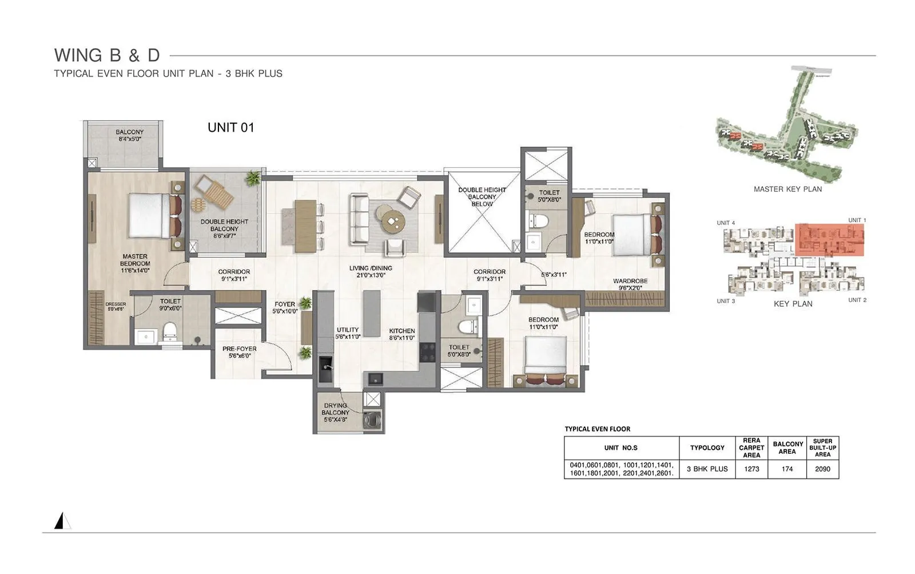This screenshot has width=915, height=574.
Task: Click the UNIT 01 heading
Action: click(230, 128)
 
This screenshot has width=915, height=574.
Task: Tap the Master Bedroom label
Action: click(135, 263)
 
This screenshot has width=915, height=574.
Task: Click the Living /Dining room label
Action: click(371, 271)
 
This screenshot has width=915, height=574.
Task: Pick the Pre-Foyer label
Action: click(239, 352)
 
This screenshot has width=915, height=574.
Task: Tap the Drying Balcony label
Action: click(335, 412)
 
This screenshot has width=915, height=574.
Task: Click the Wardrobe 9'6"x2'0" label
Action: click(630, 284)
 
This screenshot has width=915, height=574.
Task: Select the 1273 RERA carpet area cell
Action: click(751, 469)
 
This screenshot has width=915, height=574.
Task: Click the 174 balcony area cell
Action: click(787, 469)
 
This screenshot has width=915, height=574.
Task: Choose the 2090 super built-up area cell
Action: click(822, 469)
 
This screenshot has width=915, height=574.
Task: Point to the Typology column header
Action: click(707, 448)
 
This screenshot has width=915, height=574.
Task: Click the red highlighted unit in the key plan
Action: click(829, 239)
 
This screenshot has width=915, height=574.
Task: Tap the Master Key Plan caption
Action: click(787, 189)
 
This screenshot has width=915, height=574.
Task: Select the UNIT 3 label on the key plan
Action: click(726, 301)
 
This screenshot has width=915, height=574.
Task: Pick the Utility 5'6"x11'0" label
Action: click(348, 333)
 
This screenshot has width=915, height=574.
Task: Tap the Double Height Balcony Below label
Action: click(482, 197)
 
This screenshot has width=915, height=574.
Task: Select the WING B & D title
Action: click(107, 56)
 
